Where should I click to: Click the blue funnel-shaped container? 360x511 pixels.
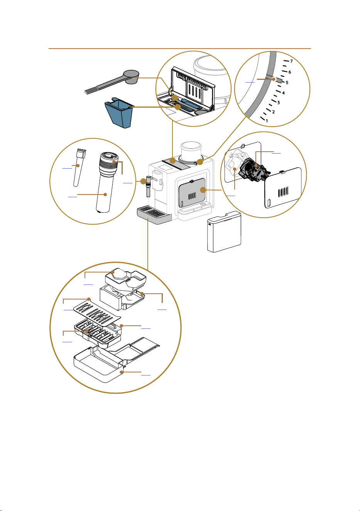pyautogui.click(x=118, y=112)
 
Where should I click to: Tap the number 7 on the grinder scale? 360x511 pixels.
pyautogui.click(x=291, y=61)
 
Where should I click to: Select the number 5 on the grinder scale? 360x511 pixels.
pyautogui.click(x=287, y=83)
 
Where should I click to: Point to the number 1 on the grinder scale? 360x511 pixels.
pyautogui.click(x=267, y=121)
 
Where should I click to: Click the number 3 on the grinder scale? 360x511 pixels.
pyautogui.click(x=279, y=103)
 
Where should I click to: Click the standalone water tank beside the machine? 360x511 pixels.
pyautogui.click(x=224, y=232)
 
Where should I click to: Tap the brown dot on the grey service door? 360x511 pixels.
pyautogui.click(x=203, y=190)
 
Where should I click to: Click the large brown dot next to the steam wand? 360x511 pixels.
pyautogui.click(x=143, y=181)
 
